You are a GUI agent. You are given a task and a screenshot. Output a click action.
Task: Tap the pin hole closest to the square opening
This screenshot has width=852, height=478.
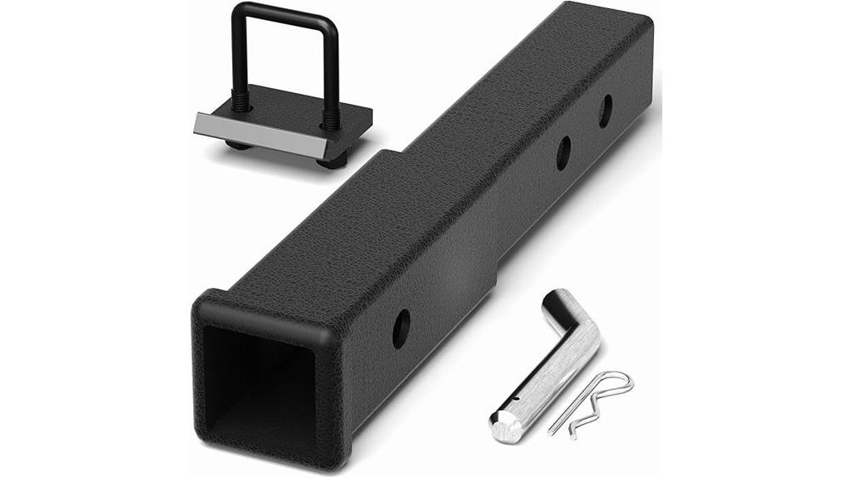[400, 328]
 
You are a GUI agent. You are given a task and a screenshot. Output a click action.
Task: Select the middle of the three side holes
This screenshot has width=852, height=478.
[563, 153]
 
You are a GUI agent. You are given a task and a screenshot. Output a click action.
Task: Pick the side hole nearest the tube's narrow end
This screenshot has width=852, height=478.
[605, 111]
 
